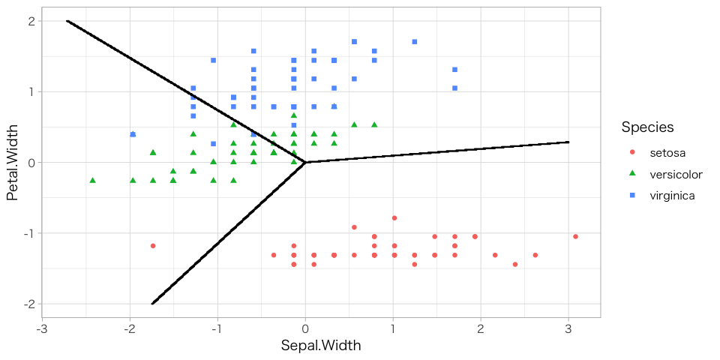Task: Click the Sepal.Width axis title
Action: coord(321,346)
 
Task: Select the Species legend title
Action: coord(647,127)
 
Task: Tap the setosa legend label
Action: coord(667,153)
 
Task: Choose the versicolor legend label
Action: coord(676,175)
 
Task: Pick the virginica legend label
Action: coord(672,196)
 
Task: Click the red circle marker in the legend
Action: coord(632,153)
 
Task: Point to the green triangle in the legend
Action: coord(632,174)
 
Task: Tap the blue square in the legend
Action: coord(632,196)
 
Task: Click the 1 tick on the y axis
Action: coord(32,91)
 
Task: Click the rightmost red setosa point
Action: coord(575,236)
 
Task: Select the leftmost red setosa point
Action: coord(153,245)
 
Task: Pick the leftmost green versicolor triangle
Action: coord(93,180)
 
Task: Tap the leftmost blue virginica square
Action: coord(133,134)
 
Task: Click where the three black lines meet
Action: coord(305,162)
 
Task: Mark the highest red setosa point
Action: coord(394,217)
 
